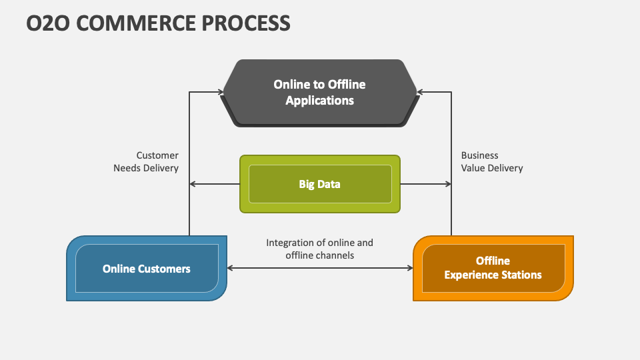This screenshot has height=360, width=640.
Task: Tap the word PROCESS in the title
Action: [247, 23]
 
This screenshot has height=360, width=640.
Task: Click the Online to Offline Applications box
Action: [319, 93]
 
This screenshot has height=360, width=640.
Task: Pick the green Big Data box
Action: [319, 184]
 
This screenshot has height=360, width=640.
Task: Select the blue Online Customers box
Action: [147, 268]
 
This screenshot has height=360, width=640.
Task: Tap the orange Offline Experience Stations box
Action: [493, 268]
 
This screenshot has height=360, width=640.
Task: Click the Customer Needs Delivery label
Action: [146, 162]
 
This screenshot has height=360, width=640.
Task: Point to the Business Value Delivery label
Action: [492, 162]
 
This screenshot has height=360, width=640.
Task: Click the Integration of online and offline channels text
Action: [319, 249]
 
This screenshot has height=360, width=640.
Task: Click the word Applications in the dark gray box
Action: [319, 101]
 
